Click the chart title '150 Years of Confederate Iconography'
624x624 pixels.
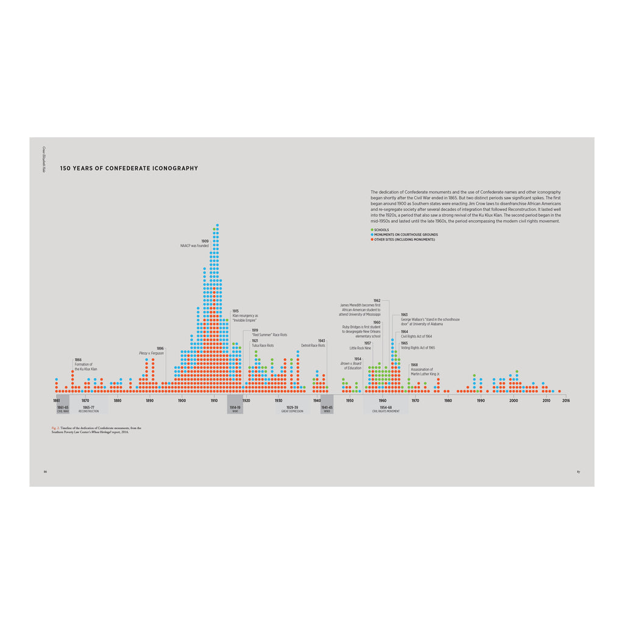coord(129,168)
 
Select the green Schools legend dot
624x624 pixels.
coord(372,230)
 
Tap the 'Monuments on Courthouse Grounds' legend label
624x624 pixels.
coord(406,235)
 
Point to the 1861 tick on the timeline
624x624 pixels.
coord(56,400)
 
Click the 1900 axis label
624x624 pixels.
coord(182,400)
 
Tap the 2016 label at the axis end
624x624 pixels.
coord(565,400)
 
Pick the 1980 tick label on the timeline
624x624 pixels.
coord(447,400)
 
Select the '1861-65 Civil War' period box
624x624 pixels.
coord(63,409)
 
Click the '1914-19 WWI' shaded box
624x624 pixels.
coord(235,409)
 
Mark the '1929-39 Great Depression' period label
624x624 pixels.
coord(292,409)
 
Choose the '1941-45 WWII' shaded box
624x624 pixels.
coord(327,409)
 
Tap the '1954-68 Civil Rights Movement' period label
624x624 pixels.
coord(386,409)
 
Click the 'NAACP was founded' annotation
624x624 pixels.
coord(194,246)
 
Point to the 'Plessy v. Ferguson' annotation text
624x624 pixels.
coord(151,353)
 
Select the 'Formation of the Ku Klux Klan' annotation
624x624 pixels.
coord(85,366)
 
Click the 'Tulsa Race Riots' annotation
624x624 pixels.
coord(263,346)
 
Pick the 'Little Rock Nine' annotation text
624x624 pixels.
coord(360,348)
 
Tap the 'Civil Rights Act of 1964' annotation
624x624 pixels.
coord(416,336)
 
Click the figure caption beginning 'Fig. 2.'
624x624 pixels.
coord(96,430)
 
